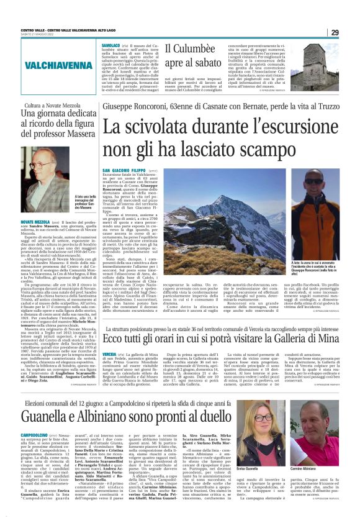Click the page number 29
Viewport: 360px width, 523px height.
click(335, 32)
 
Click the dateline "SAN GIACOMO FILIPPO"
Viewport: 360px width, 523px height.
click(122, 170)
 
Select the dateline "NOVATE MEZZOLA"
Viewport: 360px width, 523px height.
click(35, 221)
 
